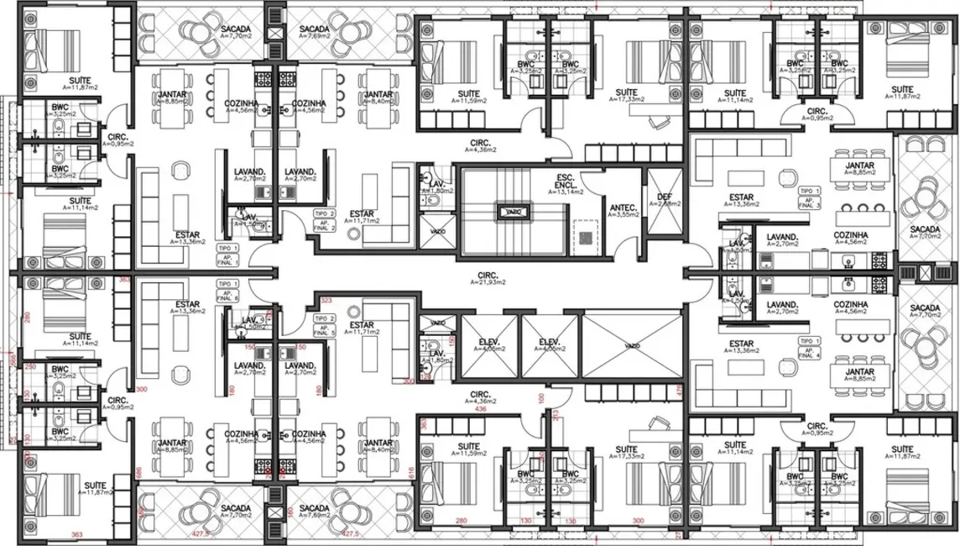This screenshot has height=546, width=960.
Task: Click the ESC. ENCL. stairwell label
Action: click(x=564, y=184)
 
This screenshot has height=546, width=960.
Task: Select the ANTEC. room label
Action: click(x=621, y=210)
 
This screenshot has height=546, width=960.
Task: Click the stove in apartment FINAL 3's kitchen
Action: click(x=879, y=260)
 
